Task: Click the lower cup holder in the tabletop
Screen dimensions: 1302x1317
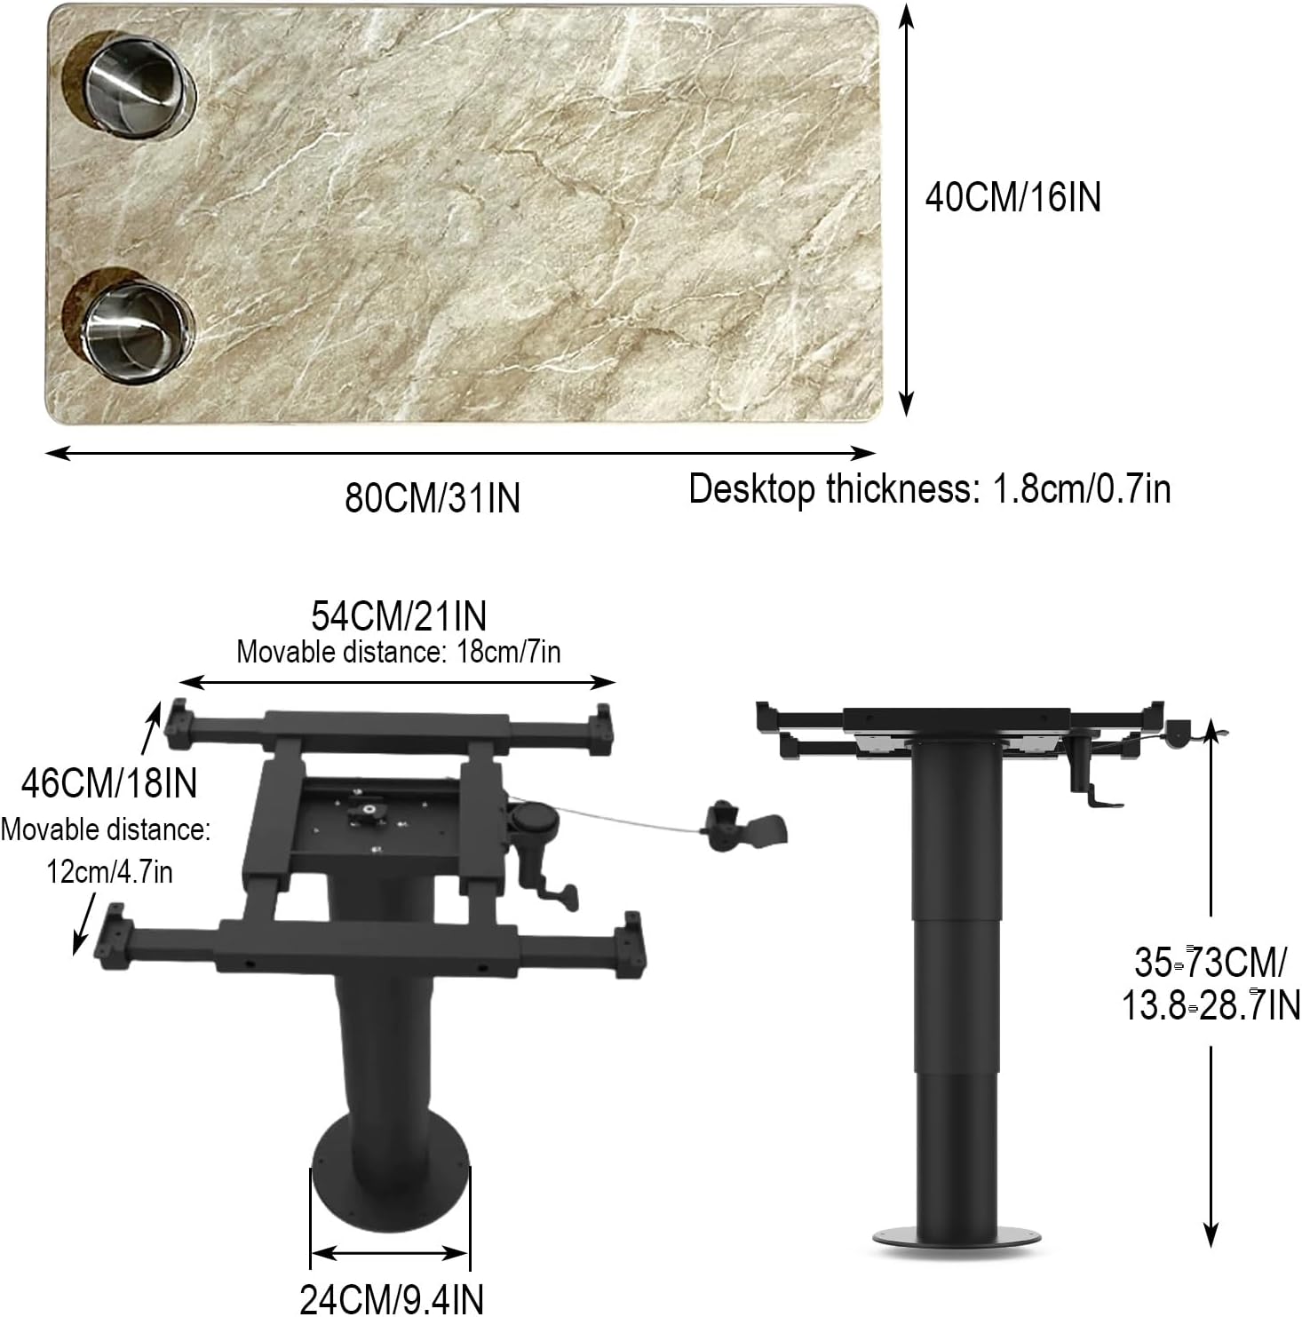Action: click(129, 325)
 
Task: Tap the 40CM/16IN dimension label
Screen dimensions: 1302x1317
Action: click(1012, 196)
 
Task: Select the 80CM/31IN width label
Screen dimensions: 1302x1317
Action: click(433, 497)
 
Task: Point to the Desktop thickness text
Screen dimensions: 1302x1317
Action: click(930, 489)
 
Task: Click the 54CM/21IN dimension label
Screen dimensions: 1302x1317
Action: click(399, 615)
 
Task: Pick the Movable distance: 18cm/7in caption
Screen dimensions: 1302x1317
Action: click(399, 652)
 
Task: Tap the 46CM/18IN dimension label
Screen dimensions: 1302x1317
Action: click(109, 783)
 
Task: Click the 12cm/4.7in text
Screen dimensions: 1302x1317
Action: click(110, 872)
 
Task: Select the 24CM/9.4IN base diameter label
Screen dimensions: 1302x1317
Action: click(392, 1299)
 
